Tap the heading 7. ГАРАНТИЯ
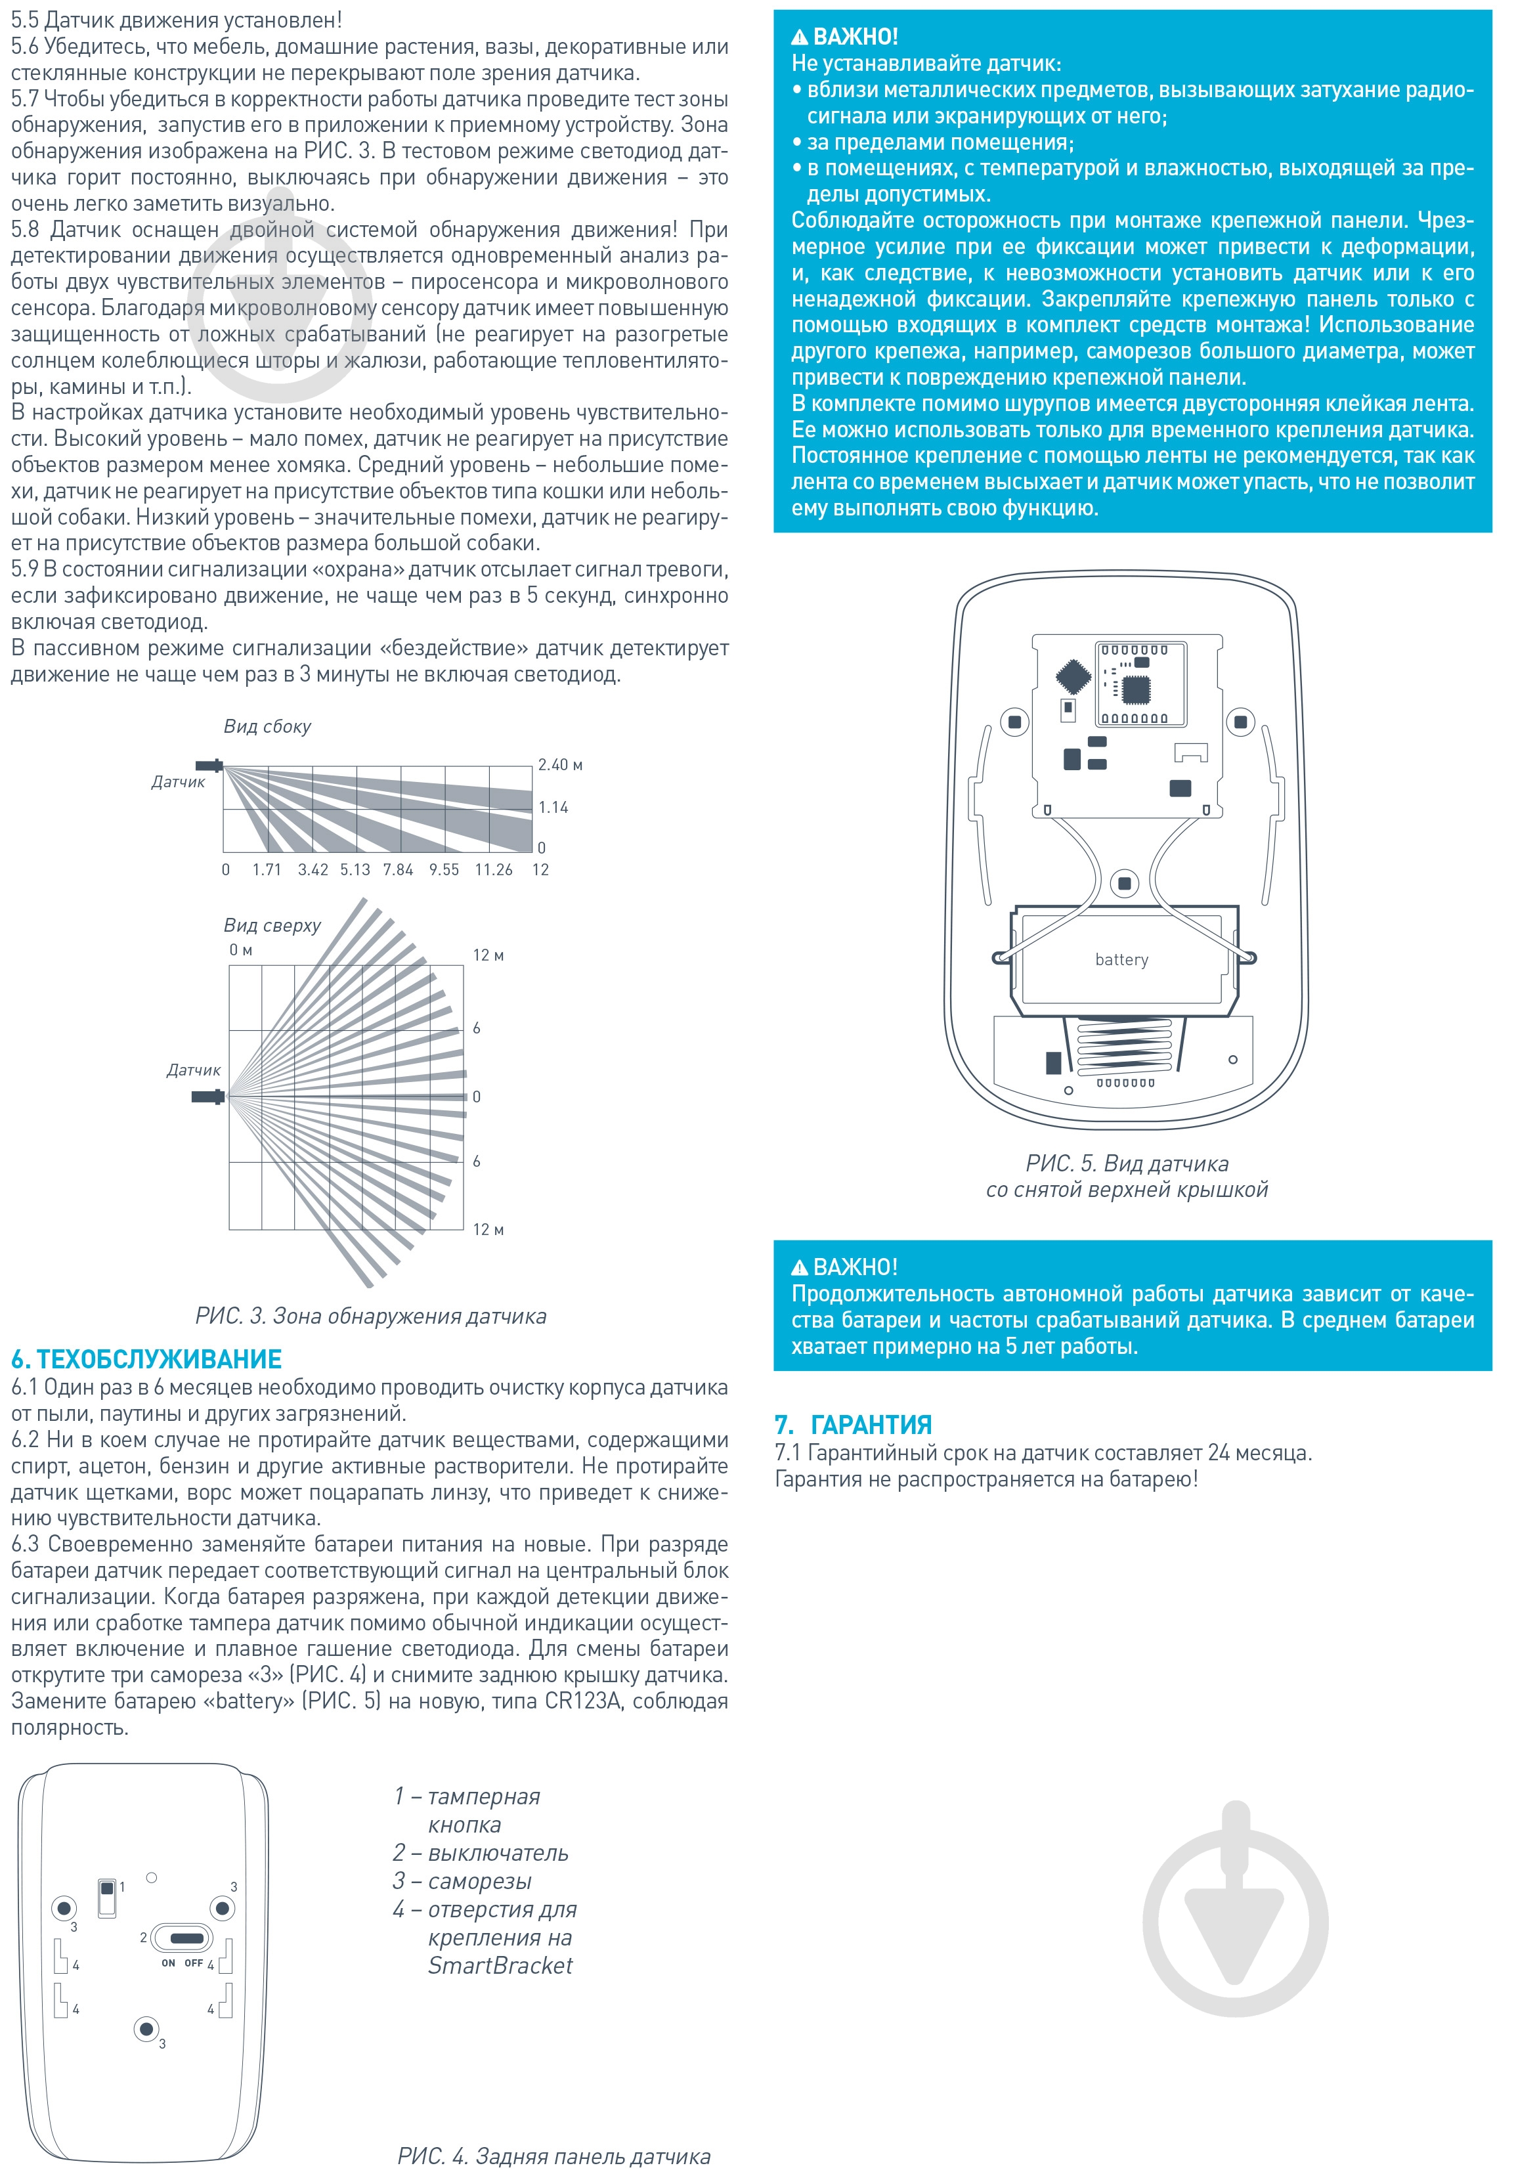[x=852, y=1424]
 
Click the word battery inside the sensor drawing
[x=1121, y=959]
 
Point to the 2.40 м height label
[x=559, y=764]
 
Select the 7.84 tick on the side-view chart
[x=398, y=869]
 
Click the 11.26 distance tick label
[x=493, y=869]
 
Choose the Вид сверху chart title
[x=272, y=925]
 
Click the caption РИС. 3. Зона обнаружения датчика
[x=370, y=1315]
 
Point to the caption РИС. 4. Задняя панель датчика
[x=554, y=2156]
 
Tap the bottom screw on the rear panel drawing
[x=145, y=2028]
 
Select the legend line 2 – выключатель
[x=481, y=1852]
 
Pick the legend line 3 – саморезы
[x=462, y=1881]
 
